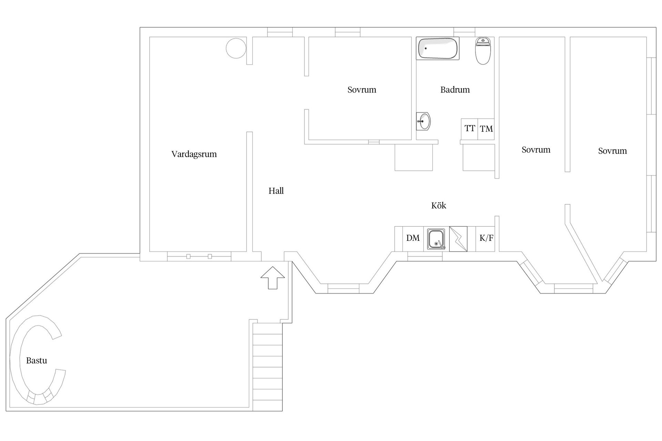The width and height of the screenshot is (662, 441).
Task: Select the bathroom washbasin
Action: pyautogui.click(x=423, y=121)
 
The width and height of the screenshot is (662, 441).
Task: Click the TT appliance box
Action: pyautogui.click(x=469, y=129)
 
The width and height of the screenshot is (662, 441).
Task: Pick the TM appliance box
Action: pyautogui.click(x=486, y=129)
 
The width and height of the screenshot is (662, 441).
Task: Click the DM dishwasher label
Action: pyautogui.click(x=413, y=238)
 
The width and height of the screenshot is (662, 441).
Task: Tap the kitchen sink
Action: pyautogui.click(x=436, y=239)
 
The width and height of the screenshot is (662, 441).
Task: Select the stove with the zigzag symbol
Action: pyautogui.click(x=458, y=239)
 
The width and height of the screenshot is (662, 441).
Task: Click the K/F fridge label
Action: pyautogui.click(x=486, y=238)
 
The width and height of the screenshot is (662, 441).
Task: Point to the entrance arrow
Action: pyautogui.click(x=272, y=277)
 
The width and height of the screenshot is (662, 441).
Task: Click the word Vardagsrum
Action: pyautogui.click(x=194, y=154)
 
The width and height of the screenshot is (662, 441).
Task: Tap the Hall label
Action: pyautogui.click(x=276, y=191)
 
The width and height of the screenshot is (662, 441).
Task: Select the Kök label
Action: pyautogui.click(x=439, y=206)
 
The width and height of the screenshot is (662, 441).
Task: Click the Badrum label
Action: pyautogui.click(x=455, y=90)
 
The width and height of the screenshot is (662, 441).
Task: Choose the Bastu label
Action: pyautogui.click(x=37, y=361)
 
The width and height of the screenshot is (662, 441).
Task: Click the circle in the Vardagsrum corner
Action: pyautogui.click(x=236, y=48)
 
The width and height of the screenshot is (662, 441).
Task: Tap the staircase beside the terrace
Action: pyautogui.click(x=268, y=367)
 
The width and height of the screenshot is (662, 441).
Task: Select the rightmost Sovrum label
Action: pyautogui.click(x=612, y=151)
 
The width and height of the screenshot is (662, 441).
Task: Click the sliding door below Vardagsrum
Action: pyautogui.click(x=199, y=256)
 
